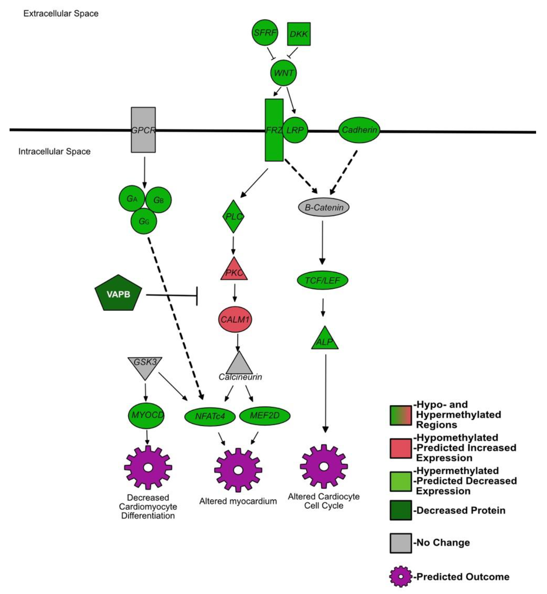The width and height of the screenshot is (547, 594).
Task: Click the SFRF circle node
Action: (265, 33)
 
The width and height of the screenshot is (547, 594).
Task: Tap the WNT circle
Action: (283, 73)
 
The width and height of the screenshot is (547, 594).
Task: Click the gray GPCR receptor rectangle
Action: (143, 130)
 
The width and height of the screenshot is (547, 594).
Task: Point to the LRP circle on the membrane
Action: (295, 130)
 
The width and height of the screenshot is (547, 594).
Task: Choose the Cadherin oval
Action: (359, 130)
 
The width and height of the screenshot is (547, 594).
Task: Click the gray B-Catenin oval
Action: (323, 207)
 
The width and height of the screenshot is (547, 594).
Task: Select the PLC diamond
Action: (233, 216)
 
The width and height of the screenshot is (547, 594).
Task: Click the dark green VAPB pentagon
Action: (118, 294)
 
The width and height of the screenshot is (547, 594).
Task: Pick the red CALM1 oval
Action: (235, 319)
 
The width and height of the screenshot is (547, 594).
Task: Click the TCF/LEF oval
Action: (322, 280)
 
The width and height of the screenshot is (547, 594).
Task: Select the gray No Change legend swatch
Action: (400, 543)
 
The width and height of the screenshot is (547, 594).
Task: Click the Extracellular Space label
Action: (61, 14)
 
